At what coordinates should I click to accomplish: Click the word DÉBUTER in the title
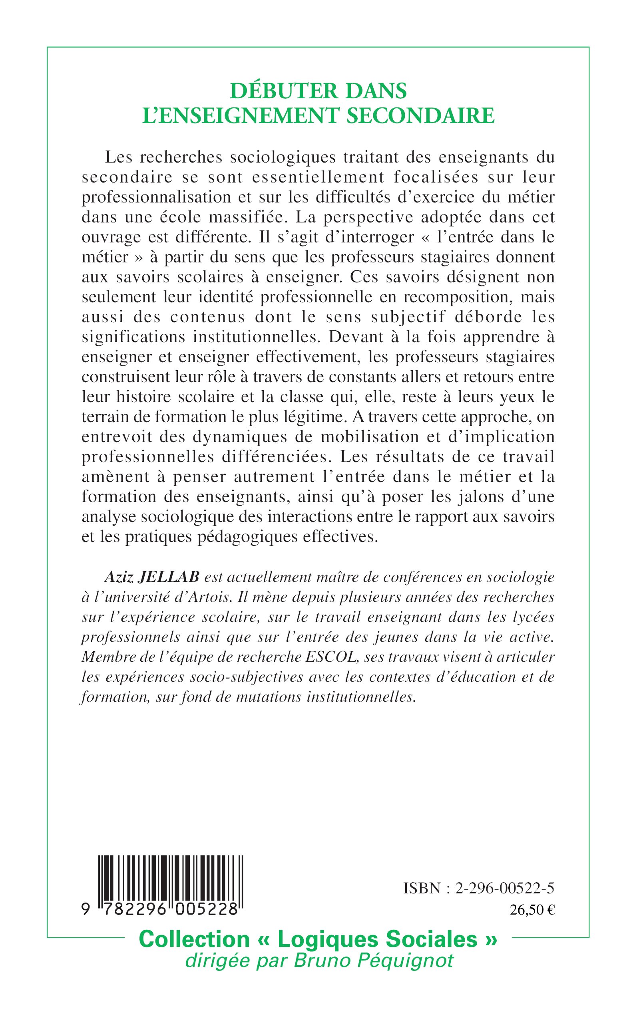click(276, 91)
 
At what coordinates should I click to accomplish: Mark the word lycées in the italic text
click(534, 617)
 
